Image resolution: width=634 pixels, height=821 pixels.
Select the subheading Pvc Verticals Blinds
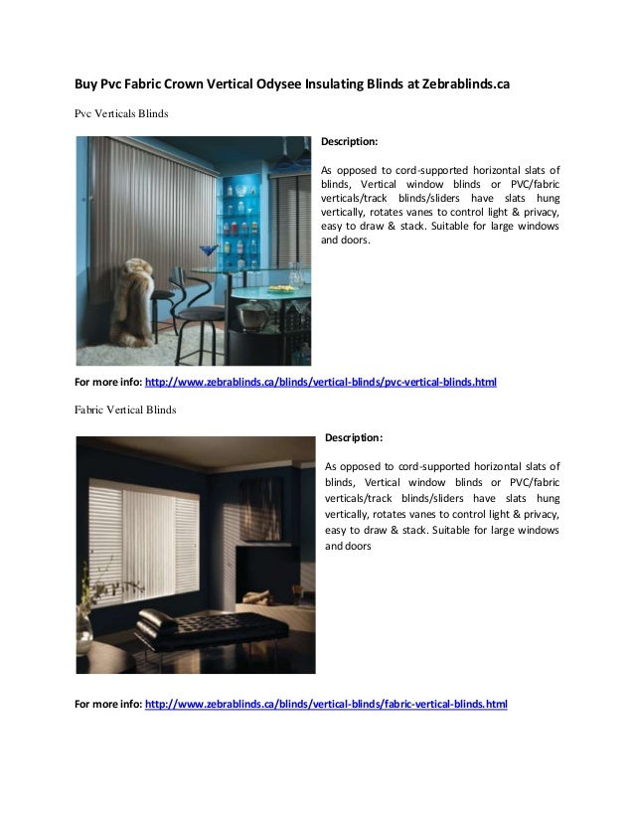click(121, 113)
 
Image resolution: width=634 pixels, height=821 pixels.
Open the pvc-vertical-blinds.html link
click(320, 382)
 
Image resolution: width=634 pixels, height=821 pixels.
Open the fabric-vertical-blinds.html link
click(326, 704)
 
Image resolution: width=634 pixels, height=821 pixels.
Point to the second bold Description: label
click(354, 437)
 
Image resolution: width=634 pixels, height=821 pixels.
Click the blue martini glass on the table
click(208, 251)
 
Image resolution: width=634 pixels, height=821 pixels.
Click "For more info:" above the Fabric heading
click(108, 382)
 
